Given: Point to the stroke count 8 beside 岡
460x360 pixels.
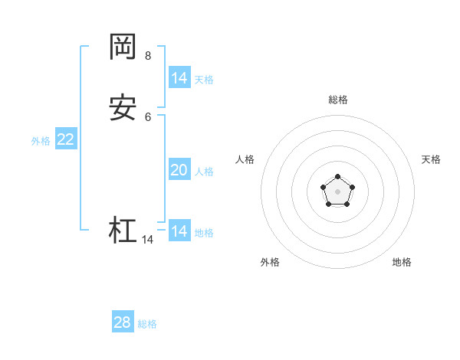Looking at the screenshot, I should (x=148, y=55).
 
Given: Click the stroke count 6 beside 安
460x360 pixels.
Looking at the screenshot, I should (x=148, y=117).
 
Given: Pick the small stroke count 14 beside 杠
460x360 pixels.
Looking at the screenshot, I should (x=147, y=240).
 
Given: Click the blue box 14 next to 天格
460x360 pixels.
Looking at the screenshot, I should (x=179, y=78).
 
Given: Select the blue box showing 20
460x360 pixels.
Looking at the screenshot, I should (x=179, y=170).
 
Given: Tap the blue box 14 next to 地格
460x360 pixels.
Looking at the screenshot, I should (x=179, y=231).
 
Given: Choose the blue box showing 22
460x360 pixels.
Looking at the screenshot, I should (x=66, y=139).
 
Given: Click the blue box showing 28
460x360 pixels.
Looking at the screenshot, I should (x=123, y=322).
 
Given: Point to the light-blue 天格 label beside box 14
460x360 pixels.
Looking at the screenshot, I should (x=204, y=80).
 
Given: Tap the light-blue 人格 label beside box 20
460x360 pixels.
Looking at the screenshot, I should (x=204, y=172).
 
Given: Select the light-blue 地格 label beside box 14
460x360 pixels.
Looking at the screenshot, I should (x=204, y=233).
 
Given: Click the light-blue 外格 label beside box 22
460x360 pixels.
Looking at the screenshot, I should (x=41, y=141).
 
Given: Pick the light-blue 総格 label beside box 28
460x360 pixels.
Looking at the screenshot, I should (x=147, y=324).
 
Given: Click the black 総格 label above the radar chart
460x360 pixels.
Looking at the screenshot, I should (x=338, y=100).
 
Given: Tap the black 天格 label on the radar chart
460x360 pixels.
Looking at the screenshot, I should (x=431, y=159).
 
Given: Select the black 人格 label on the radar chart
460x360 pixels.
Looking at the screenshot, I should (x=245, y=159).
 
